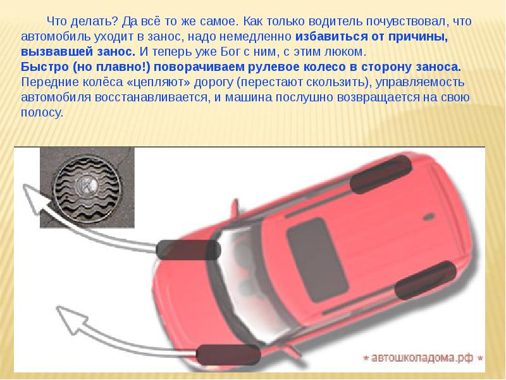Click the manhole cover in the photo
[x=88, y=187]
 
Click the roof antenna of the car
[x=429, y=217]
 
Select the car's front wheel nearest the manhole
[x=188, y=250]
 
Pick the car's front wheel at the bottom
[x=228, y=355]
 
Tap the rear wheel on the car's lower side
[x=426, y=280]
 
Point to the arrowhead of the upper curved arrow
[x=35, y=197]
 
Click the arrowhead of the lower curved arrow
[x=71, y=319]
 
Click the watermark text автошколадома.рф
[x=422, y=358]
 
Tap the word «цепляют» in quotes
[x=159, y=83]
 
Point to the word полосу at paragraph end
[x=40, y=113]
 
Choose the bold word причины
[x=418, y=37]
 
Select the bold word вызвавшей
[x=56, y=52]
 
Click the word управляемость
[x=420, y=83]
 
